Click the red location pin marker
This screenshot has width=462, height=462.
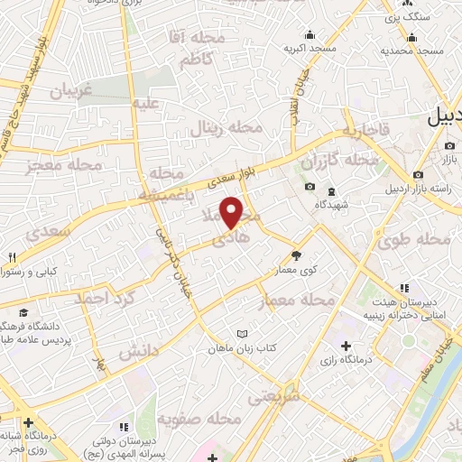(x=233, y=212)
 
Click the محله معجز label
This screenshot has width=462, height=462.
(x=67, y=165)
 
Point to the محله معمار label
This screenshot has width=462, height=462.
(x=296, y=300)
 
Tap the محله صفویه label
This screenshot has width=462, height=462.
(x=198, y=420)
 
